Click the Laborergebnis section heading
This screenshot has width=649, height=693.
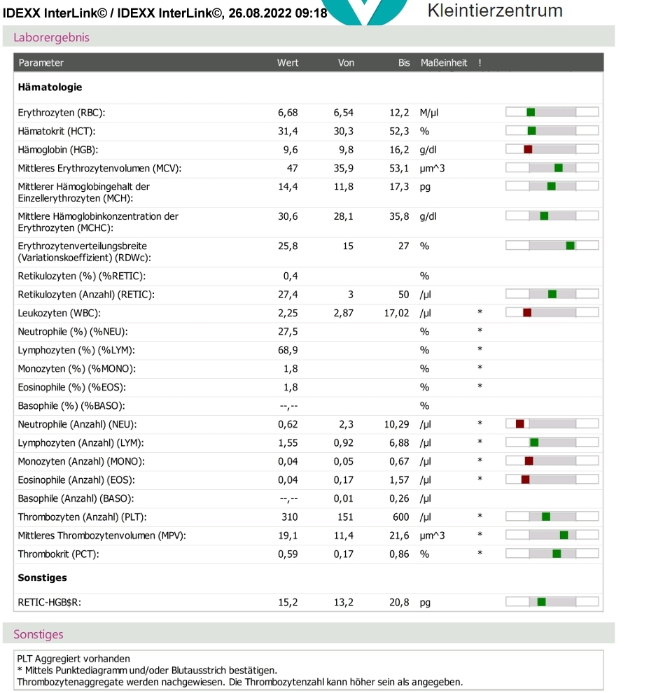click(51, 38)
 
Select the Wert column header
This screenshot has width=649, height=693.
click(288, 63)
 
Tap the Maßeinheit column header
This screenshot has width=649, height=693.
click(443, 63)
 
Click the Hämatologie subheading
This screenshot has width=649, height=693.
click(50, 87)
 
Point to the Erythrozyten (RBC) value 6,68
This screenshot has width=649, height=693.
click(288, 113)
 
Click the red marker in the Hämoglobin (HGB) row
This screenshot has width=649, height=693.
click(528, 149)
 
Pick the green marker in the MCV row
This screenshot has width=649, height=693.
click(559, 168)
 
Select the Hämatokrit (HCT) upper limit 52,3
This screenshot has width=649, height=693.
click(399, 132)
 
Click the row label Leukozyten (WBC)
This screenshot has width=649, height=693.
click(60, 314)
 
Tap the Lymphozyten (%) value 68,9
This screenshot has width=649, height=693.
click(288, 351)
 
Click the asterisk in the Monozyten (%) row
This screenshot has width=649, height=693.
click(480, 367)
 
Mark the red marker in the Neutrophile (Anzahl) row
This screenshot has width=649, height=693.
click(520, 423)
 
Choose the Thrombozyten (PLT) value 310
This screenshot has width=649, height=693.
click(290, 517)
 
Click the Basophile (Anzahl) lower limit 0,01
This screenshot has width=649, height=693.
click(344, 498)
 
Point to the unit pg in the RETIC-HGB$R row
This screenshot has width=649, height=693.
click(425, 603)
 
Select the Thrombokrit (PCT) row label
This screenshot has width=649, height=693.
click(58, 554)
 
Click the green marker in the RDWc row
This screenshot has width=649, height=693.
click(571, 245)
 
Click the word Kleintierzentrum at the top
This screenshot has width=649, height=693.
click(495, 10)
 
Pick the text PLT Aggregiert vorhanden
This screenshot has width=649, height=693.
click(74, 659)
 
